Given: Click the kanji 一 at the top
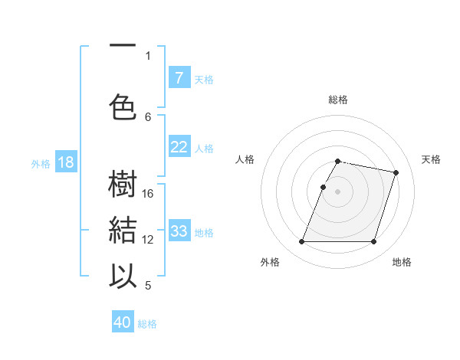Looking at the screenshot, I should (123, 47).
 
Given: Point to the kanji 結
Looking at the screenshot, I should (123, 231).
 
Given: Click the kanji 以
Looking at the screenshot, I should (123, 276).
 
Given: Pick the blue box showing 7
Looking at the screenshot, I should (179, 78).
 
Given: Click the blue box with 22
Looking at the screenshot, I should (179, 147).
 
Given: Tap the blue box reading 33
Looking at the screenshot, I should (179, 231).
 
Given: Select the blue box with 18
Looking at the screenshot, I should (66, 162).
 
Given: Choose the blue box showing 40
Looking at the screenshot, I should (123, 322).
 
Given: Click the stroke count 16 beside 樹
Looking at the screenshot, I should (148, 194).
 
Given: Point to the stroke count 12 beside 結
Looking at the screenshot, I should (148, 240).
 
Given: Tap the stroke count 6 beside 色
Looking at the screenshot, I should (148, 116).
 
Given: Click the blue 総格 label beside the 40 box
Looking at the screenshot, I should (147, 324).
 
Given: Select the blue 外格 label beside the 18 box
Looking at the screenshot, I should (40, 163).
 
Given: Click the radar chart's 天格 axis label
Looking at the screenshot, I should (432, 159).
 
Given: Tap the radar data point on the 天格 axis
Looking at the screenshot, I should (396, 173).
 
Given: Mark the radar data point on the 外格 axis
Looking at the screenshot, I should (302, 242).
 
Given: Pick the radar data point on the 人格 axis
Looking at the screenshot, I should (324, 187).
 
